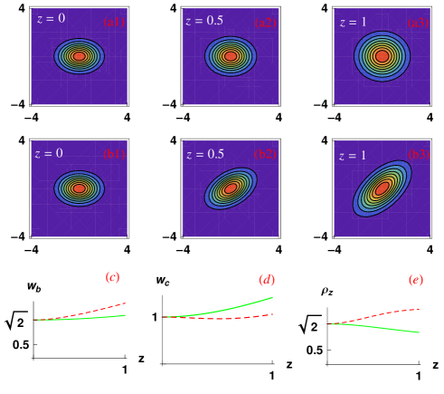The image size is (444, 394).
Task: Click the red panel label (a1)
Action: click(114, 22)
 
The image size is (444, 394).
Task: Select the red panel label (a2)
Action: click(266, 22)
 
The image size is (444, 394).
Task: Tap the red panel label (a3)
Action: click(418, 22)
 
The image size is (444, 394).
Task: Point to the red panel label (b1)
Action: click(114, 154)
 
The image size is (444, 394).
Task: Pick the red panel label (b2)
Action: click(266, 154)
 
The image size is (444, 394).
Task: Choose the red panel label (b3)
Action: click(418, 155)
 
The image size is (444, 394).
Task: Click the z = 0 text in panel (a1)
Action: click(51, 19)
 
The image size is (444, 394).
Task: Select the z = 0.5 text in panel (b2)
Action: click(204, 154)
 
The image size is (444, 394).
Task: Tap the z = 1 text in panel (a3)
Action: click(354, 22)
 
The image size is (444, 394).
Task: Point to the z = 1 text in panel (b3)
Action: click(353, 156)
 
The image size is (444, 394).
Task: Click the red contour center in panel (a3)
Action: click(382, 56)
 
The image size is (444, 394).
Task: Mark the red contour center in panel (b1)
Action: click(79, 188)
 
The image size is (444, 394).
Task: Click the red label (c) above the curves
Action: click(112, 277)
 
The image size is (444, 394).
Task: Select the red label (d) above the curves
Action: click(266, 280)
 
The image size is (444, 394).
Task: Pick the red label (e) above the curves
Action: click(415, 280)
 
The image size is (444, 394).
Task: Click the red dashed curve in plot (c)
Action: click(99, 310)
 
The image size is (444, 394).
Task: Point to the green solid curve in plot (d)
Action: click(244, 305)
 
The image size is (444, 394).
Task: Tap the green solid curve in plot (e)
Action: click(389, 328)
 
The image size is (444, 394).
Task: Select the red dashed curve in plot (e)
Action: click(389, 313)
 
